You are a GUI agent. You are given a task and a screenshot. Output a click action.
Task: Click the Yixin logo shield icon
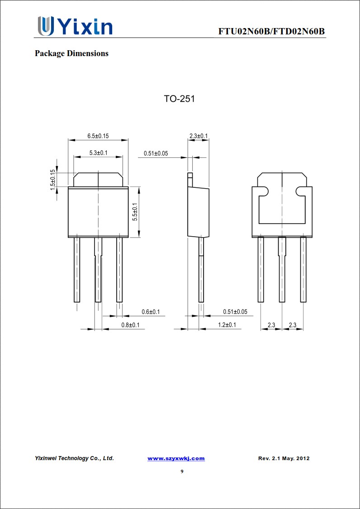point(45,26)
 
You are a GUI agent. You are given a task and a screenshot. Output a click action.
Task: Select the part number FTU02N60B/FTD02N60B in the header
point(271,31)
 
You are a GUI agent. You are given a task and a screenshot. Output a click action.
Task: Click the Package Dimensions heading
point(71,53)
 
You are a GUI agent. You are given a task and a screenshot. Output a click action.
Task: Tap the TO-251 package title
point(179,99)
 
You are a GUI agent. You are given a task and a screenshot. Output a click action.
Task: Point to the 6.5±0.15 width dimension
point(98,136)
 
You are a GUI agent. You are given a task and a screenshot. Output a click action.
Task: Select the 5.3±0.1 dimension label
point(98,153)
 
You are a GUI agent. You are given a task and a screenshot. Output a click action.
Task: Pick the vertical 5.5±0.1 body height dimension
point(134,212)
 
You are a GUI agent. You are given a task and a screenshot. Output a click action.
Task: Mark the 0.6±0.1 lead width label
point(150,312)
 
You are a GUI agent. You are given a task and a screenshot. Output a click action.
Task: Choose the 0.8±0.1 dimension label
point(130,325)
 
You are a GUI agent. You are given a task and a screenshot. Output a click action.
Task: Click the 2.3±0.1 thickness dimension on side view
point(198,136)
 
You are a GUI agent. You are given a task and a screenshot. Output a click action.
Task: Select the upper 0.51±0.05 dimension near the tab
point(156,153)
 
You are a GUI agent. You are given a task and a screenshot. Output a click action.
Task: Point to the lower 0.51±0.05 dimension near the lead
point(235,312)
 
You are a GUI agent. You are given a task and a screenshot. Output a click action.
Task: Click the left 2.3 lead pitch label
point(271,325)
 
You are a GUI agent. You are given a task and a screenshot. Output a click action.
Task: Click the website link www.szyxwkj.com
point(176,458)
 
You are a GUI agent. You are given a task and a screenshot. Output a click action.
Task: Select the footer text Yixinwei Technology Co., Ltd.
point(74,458)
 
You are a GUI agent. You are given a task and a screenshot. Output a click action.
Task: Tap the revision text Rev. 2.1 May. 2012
point(284,458)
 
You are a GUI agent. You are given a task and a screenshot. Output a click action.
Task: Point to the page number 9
point(182,471)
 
